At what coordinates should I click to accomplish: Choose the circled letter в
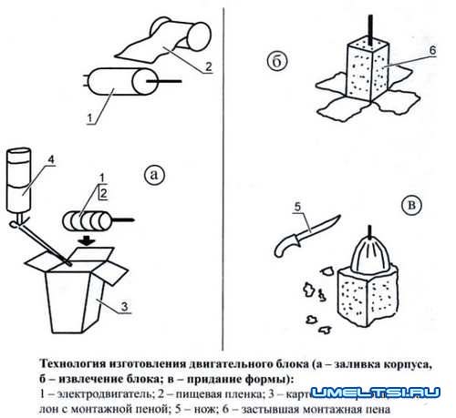413,207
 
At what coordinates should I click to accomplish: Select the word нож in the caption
215,409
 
